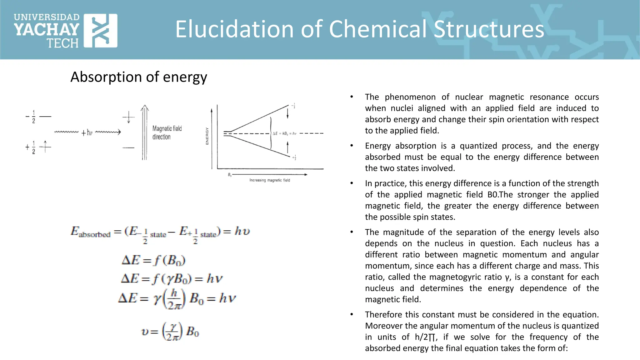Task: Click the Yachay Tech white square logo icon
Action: point(101,31)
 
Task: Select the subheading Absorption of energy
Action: point(139,77)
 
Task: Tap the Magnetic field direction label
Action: point(167,132)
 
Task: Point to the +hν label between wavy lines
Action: point(87,133)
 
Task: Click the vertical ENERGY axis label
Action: point(207,136)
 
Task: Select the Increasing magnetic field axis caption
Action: point(270,180)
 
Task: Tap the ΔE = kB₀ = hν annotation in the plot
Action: point(284,133)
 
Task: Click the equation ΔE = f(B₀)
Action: point(153,260)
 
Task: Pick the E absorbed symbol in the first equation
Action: point(90,232)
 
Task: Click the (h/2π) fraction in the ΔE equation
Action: point(174,298)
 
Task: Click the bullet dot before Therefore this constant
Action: point(352,315)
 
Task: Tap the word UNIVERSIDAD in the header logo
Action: point(47,17)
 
